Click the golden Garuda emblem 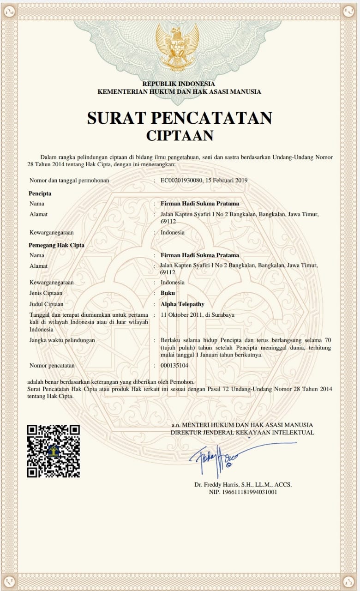(x=177, y=47)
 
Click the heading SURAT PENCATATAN (x=180, y=118)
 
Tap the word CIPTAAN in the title (x=180, y=136)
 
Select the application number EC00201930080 (x=181, y=180)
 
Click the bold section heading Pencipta (x=40, y=193)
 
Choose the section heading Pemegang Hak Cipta (x=56, y=245)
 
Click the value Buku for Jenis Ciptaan (x=168, y=293)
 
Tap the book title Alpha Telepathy (x=182, y=304)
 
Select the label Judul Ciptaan (x=46, y=304)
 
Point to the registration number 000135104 (x=174, y=365)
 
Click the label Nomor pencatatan (x=52, y=365)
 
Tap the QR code (x=53, y=451)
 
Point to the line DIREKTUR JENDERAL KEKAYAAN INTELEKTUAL (x=242, y=433)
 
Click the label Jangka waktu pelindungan (x=62, y=340)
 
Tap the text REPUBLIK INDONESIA (x=179, y=84)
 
